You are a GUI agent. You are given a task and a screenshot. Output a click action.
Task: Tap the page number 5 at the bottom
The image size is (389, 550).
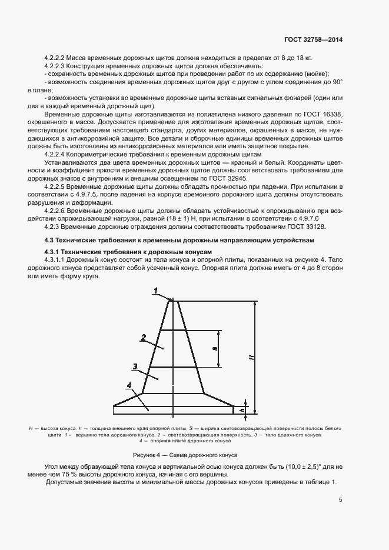340,500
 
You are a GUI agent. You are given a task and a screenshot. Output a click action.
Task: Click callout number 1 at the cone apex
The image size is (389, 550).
155,291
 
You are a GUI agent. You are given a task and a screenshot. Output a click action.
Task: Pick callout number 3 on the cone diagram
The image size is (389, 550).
135,366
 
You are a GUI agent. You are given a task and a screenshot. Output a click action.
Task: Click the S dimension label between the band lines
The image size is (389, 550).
215,348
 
